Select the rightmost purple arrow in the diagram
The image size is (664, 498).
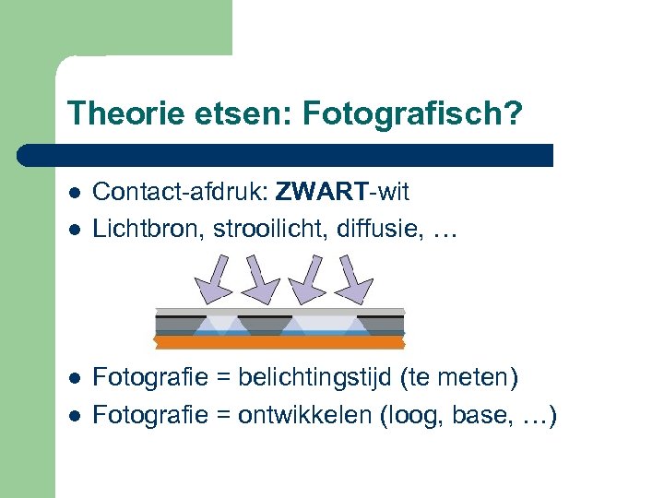pos(351,278)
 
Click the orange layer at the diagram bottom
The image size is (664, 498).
pos(279,342)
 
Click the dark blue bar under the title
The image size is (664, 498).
pos(286,154)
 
